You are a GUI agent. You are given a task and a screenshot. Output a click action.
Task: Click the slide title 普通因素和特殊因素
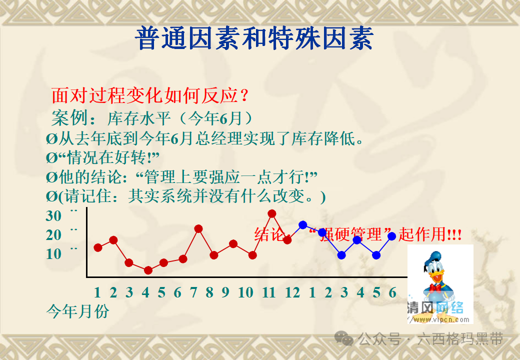tap(254, 38)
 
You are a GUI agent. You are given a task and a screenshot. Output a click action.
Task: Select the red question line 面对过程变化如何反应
tap(150, 94)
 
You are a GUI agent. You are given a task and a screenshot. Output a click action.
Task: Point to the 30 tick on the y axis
tap(53, 216)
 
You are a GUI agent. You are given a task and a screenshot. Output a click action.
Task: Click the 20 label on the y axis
tap(53, 235)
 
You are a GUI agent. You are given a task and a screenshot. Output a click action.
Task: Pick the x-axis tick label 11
tap(268, 292)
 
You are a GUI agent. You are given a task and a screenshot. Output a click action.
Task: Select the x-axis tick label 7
tap(194, 292)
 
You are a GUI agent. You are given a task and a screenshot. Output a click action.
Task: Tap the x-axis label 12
tap(292, 292)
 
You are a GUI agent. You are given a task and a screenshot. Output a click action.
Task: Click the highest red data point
tap(272, 213)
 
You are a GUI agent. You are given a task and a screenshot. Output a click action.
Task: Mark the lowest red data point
tap(148, 270)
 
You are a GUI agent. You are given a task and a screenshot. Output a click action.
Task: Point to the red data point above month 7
tap(198, 228)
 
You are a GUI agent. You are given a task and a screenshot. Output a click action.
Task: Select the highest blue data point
tap(302, 225)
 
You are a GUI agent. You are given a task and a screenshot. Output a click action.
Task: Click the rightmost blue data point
tap(392, 236)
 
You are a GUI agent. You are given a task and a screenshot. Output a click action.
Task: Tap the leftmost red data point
tap(98, 247)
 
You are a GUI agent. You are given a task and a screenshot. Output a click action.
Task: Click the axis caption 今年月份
tap(77, 311)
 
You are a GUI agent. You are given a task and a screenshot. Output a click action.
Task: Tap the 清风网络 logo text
tap(435, 307)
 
